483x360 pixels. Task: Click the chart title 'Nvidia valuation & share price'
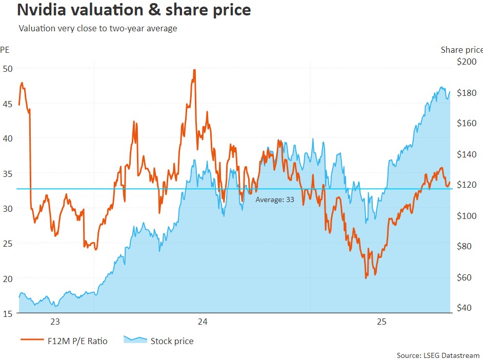point(134,10)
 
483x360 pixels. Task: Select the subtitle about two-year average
point(98,28)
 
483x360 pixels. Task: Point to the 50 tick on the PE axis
point(8,68)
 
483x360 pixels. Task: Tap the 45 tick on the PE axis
point(8,103)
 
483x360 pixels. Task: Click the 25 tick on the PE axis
point(8,243)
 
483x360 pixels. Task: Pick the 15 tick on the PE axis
point(8,313)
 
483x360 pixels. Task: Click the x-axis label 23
point(55,322)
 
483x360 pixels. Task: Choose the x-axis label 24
point(203,322)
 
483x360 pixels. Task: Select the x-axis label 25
point(381,322)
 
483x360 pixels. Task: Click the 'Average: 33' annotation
point(275,200)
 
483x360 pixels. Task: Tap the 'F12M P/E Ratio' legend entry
point(64,341)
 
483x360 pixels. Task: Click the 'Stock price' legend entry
point(159,341)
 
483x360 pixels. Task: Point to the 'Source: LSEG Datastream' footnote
point(438,355)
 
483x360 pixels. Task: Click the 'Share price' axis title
point(461,50)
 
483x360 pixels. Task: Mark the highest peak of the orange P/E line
point(194,70)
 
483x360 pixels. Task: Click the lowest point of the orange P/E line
point(366,278)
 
